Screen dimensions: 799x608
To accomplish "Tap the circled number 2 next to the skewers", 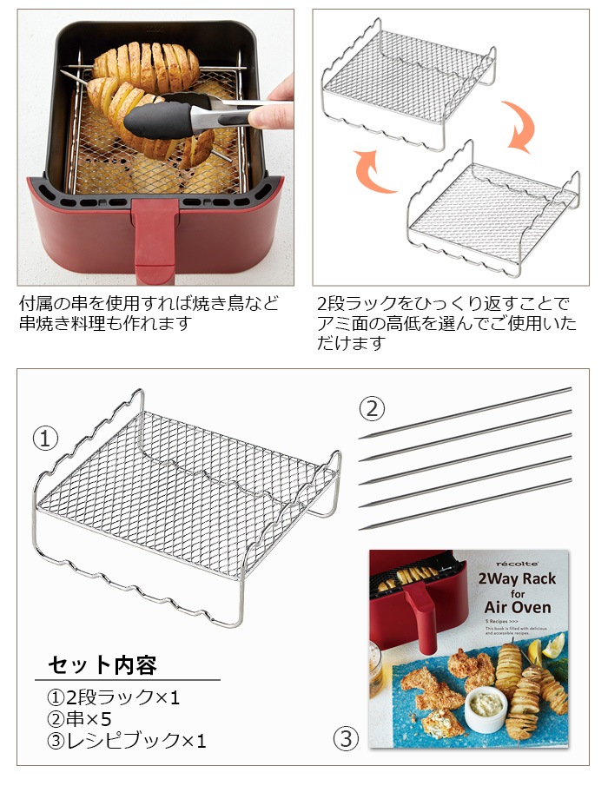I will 372,408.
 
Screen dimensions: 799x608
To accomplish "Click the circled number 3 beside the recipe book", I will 346,739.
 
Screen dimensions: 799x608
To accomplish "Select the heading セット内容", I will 102,665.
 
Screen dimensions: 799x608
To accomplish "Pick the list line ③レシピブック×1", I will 126,741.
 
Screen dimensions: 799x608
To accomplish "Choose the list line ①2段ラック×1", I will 113,697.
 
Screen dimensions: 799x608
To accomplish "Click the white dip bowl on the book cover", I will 486,709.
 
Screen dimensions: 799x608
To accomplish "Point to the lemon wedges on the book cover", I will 551,647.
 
